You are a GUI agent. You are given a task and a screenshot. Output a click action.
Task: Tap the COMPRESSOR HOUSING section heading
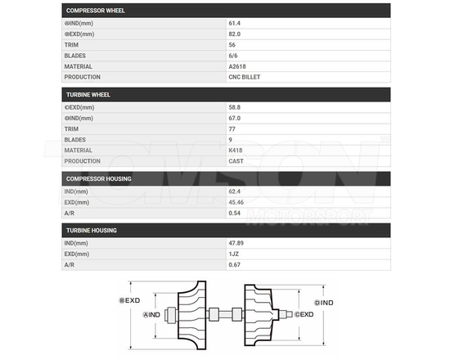[97, 178]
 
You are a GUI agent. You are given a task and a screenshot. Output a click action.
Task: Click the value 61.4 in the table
[236, 24]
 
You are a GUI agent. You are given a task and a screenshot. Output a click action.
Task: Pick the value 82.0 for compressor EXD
[236, 34]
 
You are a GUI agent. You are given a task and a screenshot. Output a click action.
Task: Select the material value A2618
[238, 66]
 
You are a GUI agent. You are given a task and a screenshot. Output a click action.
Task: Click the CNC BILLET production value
[245, 77]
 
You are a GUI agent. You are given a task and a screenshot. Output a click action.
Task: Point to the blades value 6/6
[234, 56]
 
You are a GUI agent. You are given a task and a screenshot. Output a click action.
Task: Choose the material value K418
[236, 151]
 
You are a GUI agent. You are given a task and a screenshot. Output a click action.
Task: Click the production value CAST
[236, 161]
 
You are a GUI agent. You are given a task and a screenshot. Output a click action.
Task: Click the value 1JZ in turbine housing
[234, 254]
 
